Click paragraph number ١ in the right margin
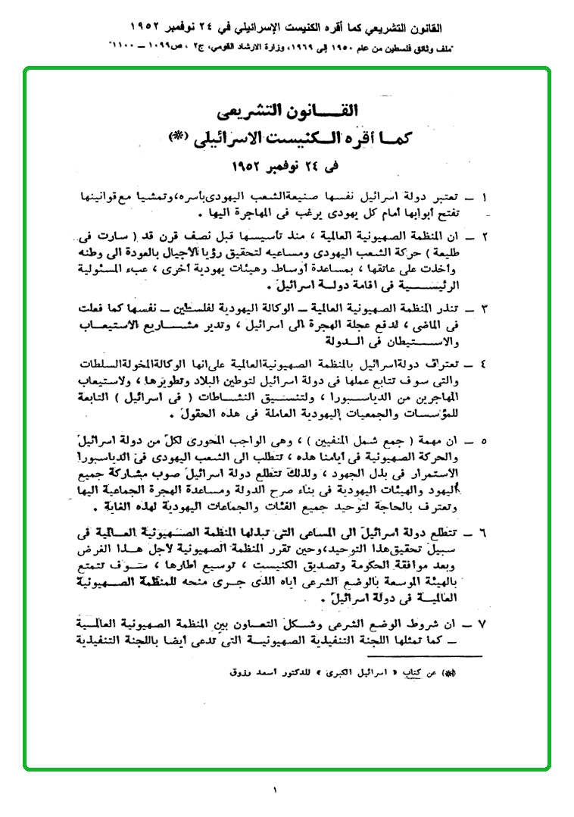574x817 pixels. pyautogui.click(x=484, y=199)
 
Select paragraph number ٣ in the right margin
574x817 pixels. pyautogui.click(x=484, y=308)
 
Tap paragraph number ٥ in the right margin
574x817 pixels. pyautogui.click(x=484, y=440)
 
